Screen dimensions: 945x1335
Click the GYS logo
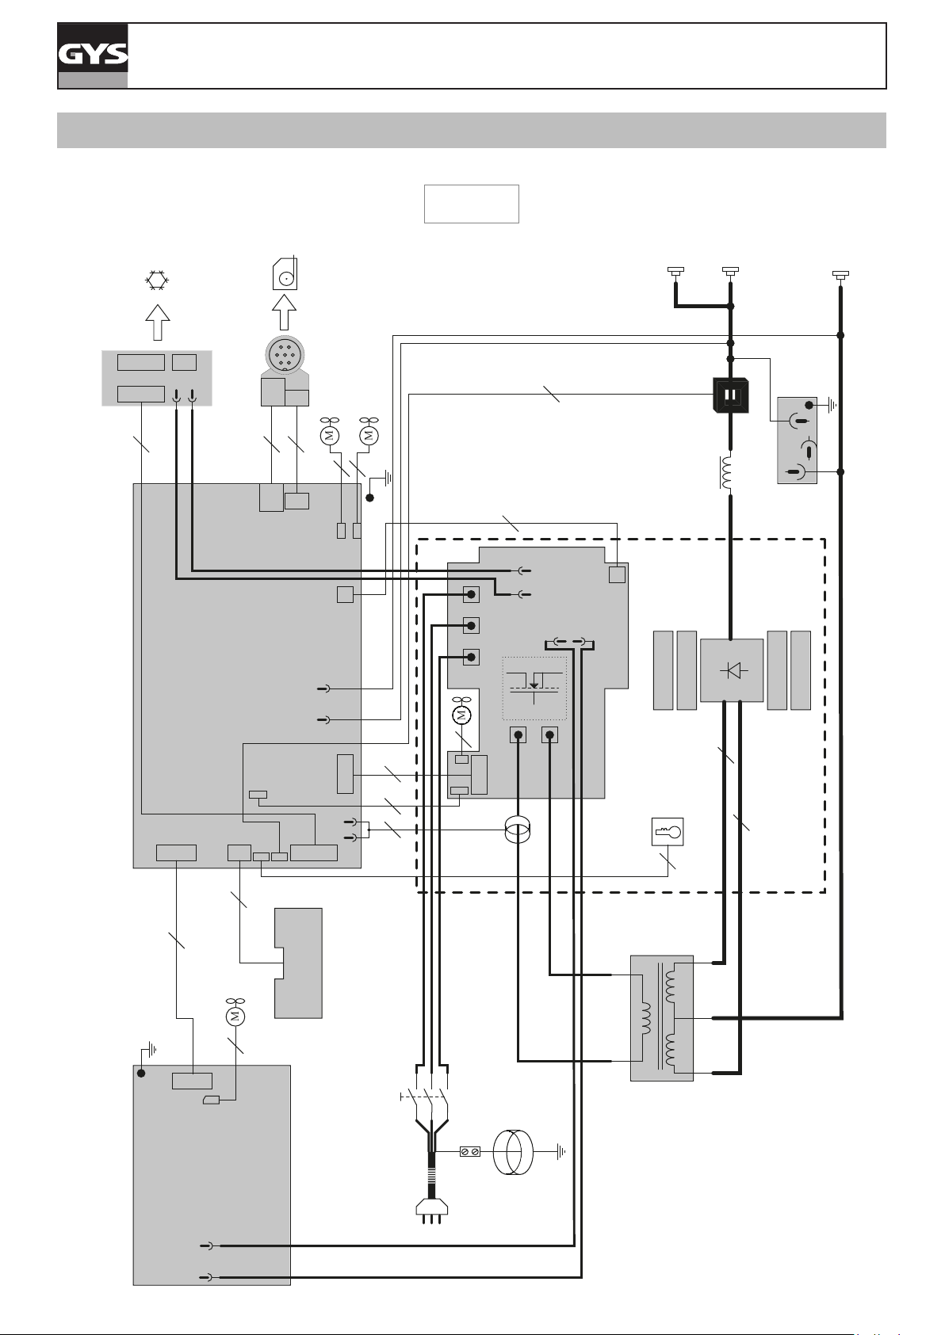pos(93,55)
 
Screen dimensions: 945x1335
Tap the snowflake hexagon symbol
pos(158,280)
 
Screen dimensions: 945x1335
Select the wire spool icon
pos(285,273)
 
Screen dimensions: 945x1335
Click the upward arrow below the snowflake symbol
pos(158,322)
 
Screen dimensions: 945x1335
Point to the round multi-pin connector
pos(285,357)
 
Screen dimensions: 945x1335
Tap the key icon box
pos(668,831)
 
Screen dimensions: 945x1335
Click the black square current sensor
pos(731,395)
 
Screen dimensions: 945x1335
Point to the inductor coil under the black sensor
pos(729,473)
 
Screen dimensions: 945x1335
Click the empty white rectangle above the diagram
pos(472,204)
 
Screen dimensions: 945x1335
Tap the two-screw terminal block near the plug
pos(470,1152)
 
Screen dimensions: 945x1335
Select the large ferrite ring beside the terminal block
pos(514,1152)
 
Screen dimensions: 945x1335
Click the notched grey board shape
pos(298,963)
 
